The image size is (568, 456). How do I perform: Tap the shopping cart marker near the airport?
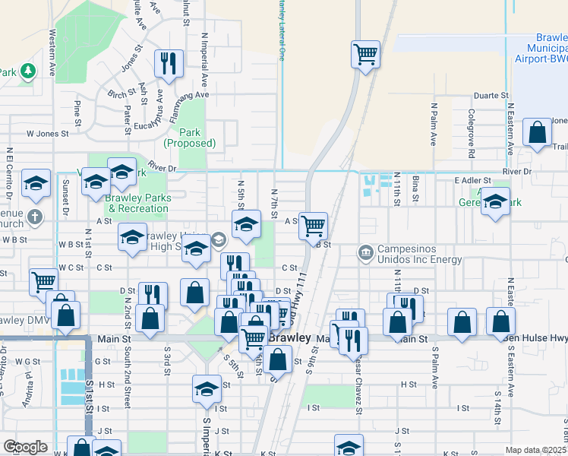(x=366, y=54)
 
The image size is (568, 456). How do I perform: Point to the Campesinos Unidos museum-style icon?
(x=366, y=252)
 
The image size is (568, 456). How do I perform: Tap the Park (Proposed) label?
(x=190, y=138)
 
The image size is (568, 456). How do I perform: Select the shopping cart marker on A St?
(x=313, y=225)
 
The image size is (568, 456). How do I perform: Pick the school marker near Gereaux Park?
(x=495, y=202)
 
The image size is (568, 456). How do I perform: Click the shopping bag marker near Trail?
(x=538, y=133)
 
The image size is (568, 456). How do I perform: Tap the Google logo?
(x=25, y=447)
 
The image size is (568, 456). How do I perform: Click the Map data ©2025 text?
(x=535, y=450)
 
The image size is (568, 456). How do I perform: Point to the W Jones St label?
(x=48, y=133)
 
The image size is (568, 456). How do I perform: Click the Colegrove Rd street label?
(x=472, y=128)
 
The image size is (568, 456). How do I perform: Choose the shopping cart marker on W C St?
(x=43, y=281)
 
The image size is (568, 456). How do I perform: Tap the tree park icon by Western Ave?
(x=29, y=71)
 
